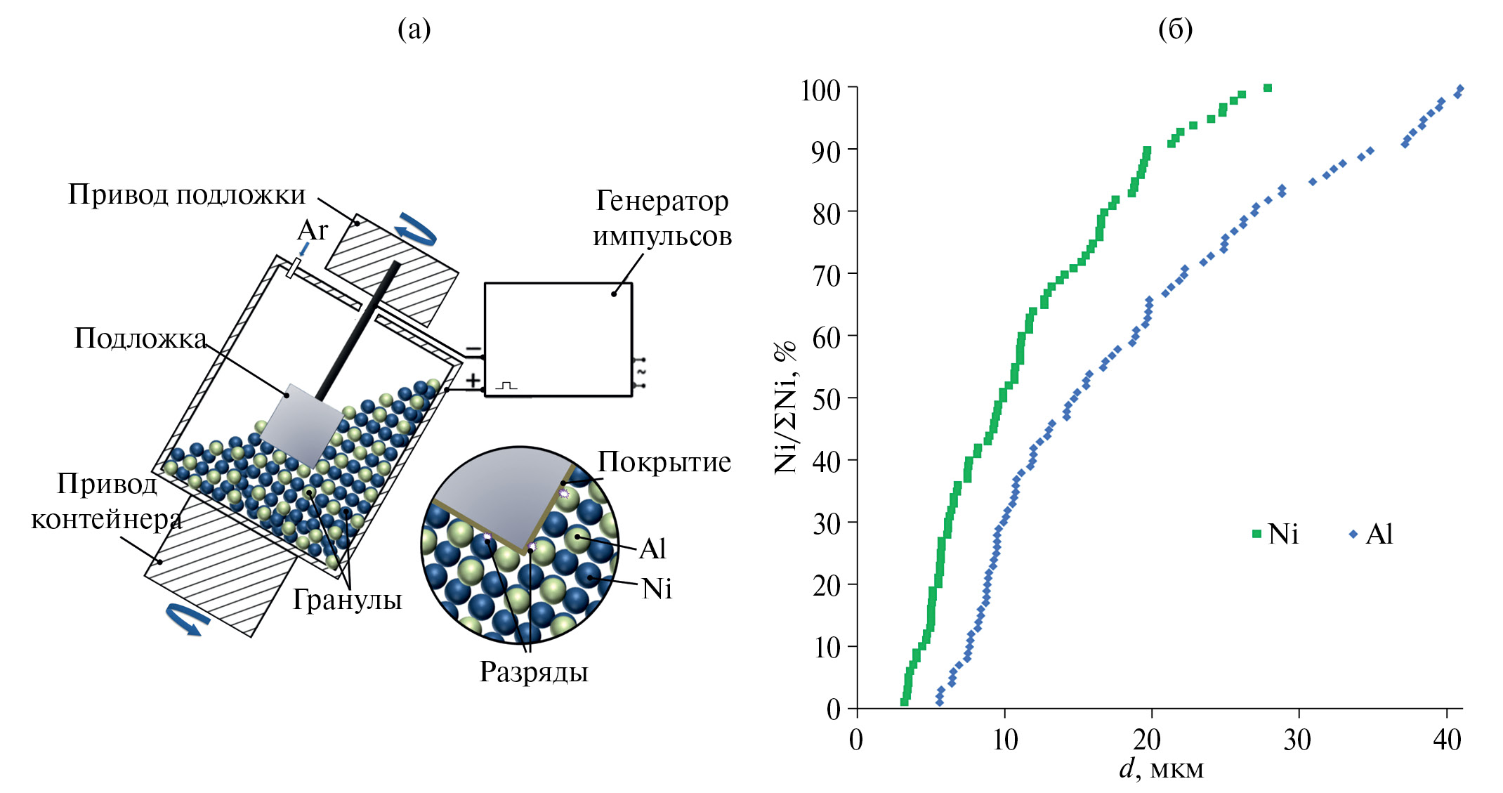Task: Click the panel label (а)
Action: [x=414, y=30]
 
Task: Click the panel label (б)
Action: [x=1175, y=30]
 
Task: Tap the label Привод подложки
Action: [x=187, y=195]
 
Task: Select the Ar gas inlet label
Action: [x=313, y=230]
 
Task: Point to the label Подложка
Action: [x=140, y=339]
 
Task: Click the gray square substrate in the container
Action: [x=302, y=426]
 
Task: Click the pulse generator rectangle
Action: [x=558, y=339]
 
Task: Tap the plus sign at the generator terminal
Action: [x=473, y=381]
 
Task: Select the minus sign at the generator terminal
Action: [x=473, y=349]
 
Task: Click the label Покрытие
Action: [x=664, y=462]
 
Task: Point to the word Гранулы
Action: [x=347, y=600]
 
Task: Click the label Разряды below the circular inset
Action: [x=534, y=672]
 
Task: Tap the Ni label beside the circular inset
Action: [x=657, y=589]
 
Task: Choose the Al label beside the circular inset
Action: [x=652, y=549]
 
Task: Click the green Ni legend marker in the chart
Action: [x=1257, y=535]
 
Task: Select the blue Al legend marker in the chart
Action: [x=1353, y=535]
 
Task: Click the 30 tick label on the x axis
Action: [x=1297, y=740]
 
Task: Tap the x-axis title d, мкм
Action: [x=1162, y=769]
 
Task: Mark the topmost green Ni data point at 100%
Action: [x=1268, y=88]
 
